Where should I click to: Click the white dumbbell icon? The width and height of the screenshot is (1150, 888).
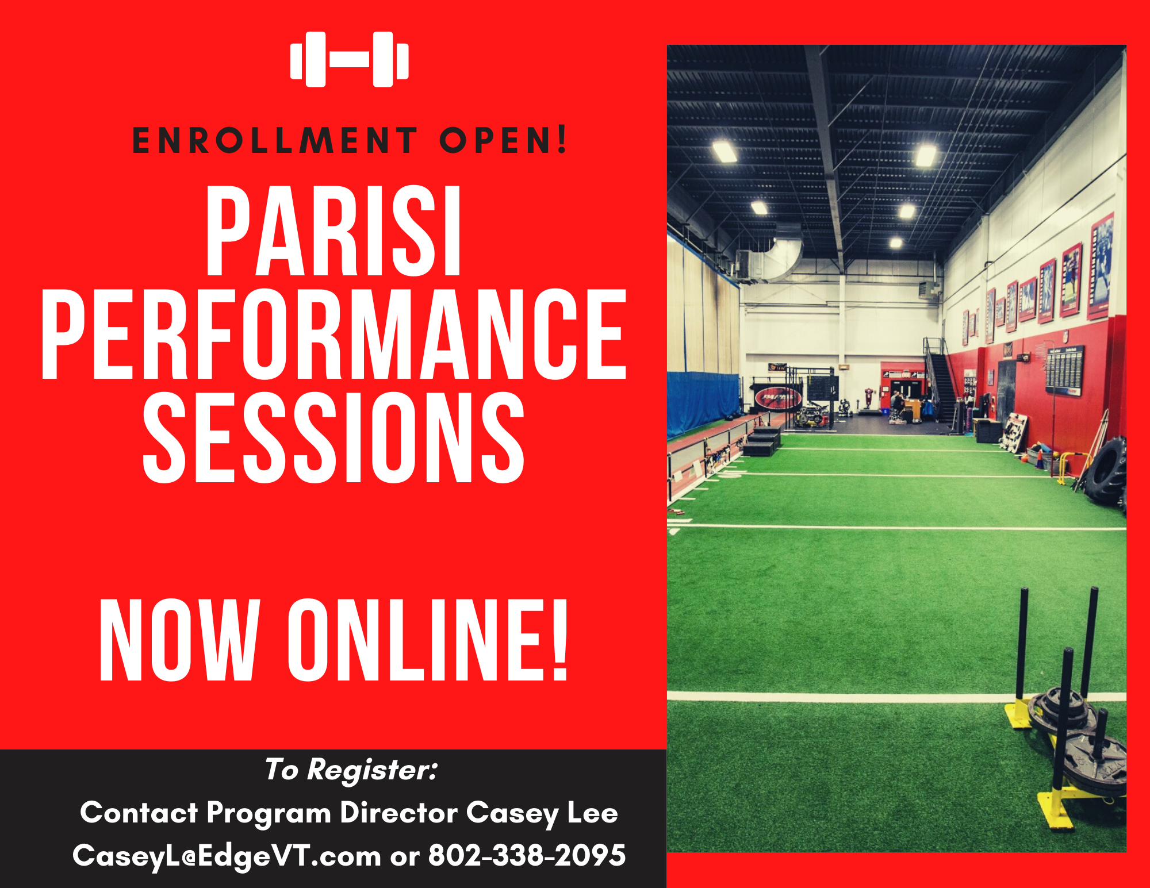coord(350,59)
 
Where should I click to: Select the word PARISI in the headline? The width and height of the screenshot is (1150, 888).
coord(334,231)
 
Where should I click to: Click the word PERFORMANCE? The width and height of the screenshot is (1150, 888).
coord(334,334)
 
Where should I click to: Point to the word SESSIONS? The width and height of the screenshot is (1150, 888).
coord(334,437)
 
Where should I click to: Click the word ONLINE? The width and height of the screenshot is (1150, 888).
coord(428,640)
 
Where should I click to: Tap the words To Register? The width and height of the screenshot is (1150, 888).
coord(351,770)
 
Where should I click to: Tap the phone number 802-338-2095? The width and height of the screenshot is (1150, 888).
coord(527,855)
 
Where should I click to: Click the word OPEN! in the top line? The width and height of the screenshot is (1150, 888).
coord(504,141)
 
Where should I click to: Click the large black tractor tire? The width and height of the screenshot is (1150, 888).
coord(1105,471)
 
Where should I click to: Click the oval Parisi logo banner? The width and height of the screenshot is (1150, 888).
coord(778,397)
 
